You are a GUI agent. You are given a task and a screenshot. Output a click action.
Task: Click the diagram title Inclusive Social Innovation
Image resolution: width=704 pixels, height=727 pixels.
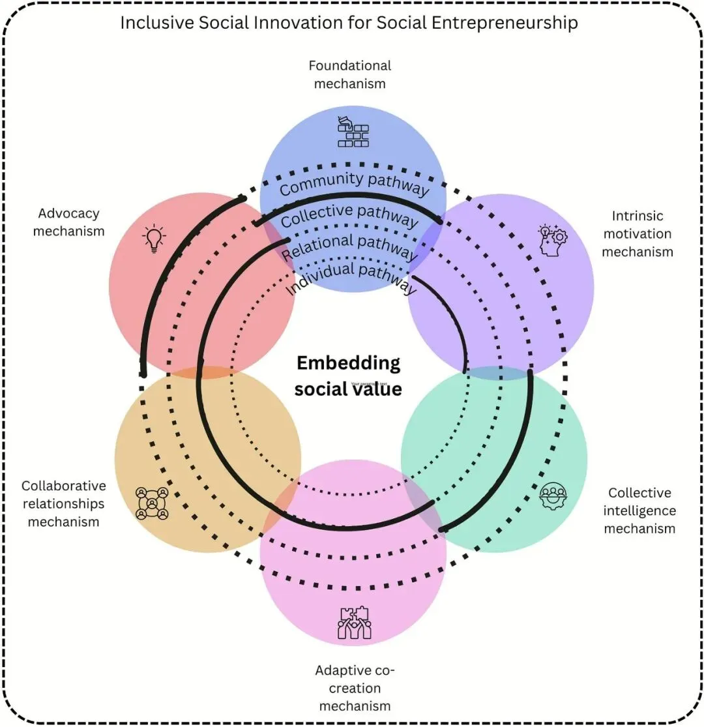pos(349,23)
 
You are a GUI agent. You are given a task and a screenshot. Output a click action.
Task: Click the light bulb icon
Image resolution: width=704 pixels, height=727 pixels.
pos(154,239)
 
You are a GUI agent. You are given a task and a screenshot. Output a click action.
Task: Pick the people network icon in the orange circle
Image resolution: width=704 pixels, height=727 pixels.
pos(152,503)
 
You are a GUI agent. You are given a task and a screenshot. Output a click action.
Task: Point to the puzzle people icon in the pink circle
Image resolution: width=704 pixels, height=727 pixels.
pos(354,623)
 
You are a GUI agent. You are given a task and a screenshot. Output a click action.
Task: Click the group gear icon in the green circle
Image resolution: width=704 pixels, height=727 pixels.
pos(553,496)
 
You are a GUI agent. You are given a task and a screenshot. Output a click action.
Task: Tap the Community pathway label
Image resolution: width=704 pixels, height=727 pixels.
pos(354,184)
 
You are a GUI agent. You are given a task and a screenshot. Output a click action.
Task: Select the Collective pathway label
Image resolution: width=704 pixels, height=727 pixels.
pos(349,215)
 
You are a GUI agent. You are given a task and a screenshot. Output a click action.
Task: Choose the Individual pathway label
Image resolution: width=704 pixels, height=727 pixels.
pos(351,277)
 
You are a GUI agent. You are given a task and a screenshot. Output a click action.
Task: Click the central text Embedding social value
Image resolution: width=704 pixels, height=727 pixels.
pos(348,376)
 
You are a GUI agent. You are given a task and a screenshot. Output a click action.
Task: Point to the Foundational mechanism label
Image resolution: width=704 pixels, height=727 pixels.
pos(349,74)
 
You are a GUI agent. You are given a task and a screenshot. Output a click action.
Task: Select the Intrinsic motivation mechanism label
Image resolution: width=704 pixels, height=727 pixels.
pos(637,233)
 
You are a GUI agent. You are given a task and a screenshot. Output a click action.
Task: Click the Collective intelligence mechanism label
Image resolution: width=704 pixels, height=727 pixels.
pos(639,511)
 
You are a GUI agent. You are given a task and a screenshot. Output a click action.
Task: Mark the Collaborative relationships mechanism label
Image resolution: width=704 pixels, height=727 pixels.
pos(63,503)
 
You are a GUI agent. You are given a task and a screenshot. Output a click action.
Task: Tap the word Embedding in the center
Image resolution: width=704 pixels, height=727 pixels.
pos(348,363)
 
